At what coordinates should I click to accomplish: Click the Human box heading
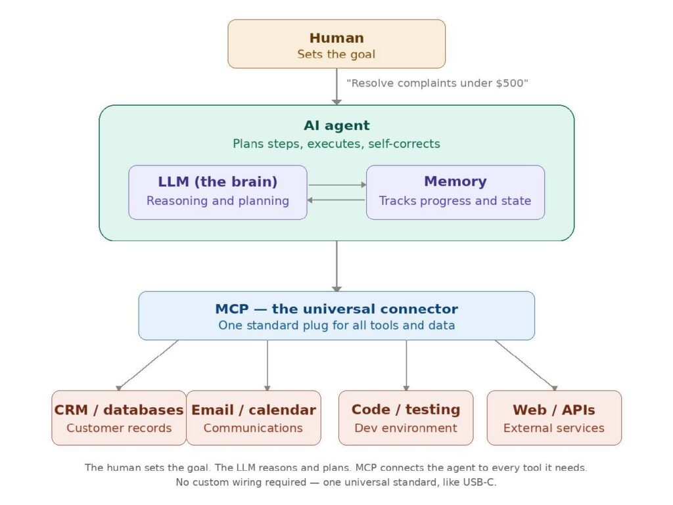coord(336,38)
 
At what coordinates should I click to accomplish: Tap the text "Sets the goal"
coord(336,55)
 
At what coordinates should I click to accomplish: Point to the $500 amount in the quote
coord(513,83)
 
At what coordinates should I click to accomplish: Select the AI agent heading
coord(336,125)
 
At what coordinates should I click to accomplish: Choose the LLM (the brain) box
coord(218,192)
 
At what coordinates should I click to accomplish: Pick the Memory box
coord(455,192)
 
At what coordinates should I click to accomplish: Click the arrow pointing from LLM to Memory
coord(336,185)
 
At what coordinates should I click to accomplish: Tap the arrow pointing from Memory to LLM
coord(336,200)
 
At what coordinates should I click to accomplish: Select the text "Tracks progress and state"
coord(455,201)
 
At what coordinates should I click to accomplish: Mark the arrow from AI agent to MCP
coord(336,266)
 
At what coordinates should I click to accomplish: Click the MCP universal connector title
coord(336,309)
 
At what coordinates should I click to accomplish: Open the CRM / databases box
coord(119,418)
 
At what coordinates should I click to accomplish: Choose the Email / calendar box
coord(254,418)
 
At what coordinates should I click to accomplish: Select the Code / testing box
coord(406,418)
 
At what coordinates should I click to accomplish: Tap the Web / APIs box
coord(554,418)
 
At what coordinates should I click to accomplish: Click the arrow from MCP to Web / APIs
coord(526,365)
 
